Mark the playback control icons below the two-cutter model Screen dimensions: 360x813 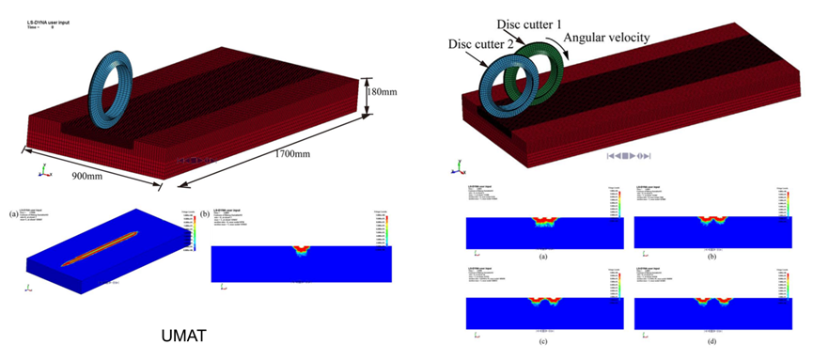[x=629, y=155]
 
